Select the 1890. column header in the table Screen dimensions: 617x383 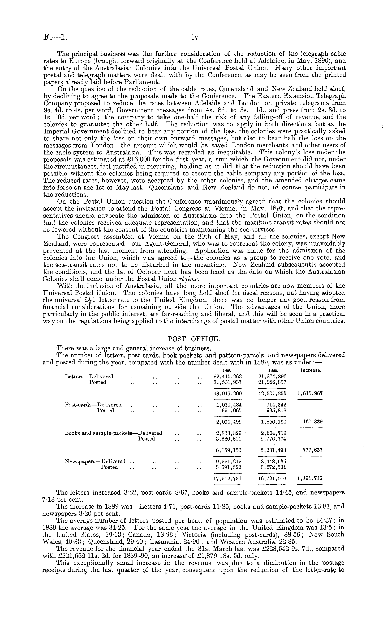point(227,370)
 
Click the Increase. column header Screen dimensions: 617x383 point(311,370)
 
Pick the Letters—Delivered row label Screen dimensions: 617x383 point(89,377)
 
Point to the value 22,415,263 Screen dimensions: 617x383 point(227,377)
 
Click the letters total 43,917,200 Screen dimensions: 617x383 point(227,394)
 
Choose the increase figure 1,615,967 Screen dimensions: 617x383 point(309,394)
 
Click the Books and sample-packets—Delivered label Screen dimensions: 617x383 point(114,433)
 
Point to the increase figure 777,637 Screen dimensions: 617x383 point(312,450)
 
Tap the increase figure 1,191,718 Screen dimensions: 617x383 point(309,479)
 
